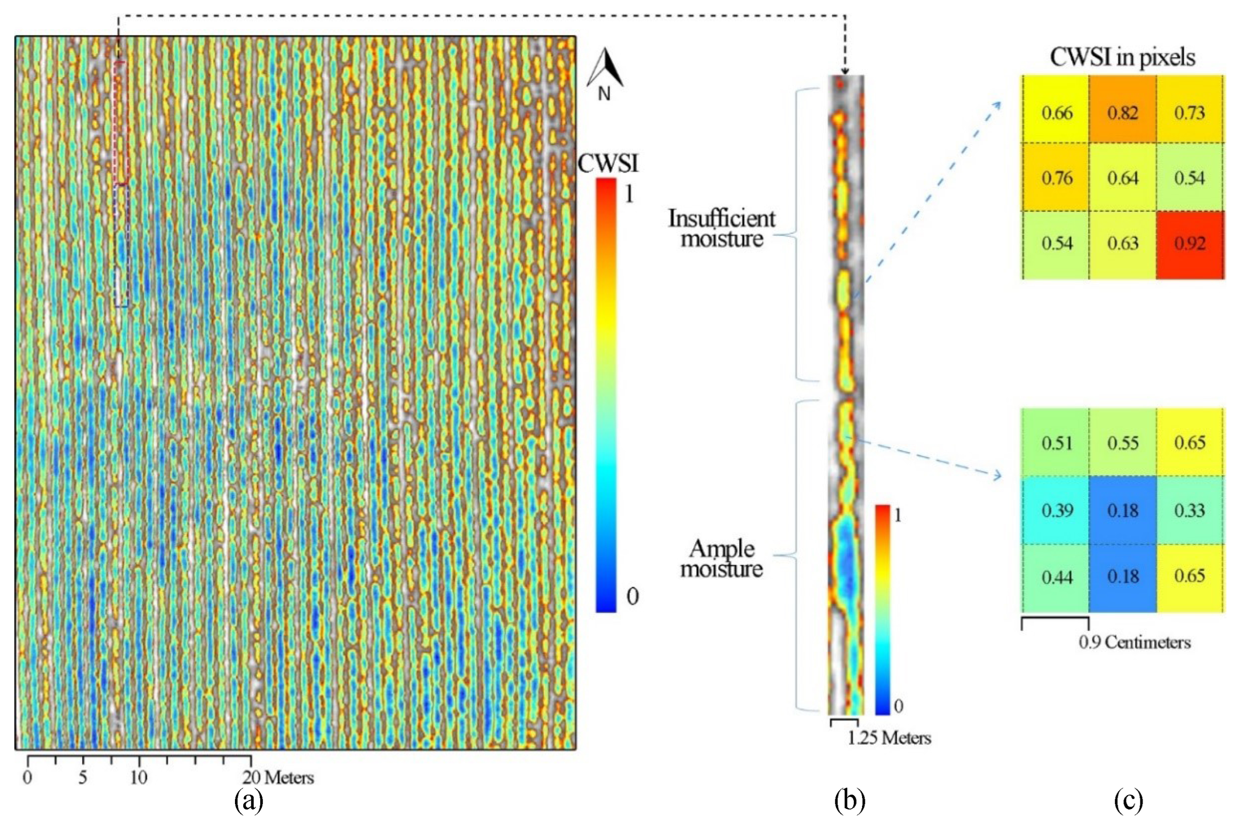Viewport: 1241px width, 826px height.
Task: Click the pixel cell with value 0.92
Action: point(1189,244)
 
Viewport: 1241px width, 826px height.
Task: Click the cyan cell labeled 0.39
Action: point(1056,510)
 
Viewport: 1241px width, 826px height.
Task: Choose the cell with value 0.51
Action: point(1056,442)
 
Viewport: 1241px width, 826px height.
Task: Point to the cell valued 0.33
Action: point(1189,510)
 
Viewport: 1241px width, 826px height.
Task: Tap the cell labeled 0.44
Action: point(1056,577)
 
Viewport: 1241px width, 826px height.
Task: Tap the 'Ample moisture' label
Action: point(722,558)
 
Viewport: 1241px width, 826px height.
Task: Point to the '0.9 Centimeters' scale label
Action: point(1134,643)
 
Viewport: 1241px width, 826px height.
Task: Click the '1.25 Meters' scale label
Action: point(889,738)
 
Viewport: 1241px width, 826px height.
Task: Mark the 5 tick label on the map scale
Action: point(83,778)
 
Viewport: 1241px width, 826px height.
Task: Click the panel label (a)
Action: point(248,801)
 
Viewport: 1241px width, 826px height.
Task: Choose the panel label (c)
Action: point(1128,801)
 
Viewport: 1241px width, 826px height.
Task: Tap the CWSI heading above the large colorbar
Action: point(608,163)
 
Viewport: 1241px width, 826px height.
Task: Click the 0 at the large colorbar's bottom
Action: point(632,597)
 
